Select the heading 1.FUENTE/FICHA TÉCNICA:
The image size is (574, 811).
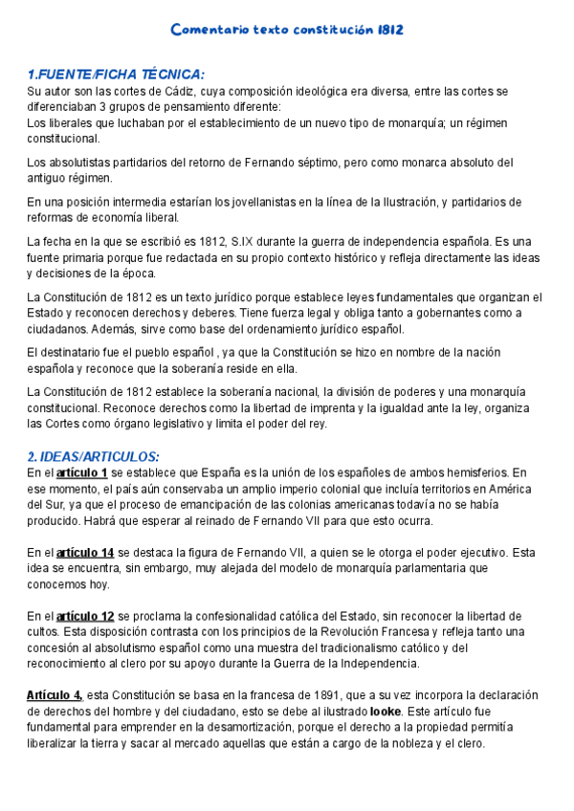(x=116, y=75)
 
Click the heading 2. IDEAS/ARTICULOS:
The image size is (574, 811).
(x=93, y=456)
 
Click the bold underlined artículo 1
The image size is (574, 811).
(x=81, y=472)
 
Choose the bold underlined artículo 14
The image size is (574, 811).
(x=85, y=553)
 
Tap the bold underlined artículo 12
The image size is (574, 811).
(x=85, y=616)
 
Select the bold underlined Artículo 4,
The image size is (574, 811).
(x=55, y=695)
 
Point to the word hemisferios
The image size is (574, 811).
(x=469, y=472)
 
